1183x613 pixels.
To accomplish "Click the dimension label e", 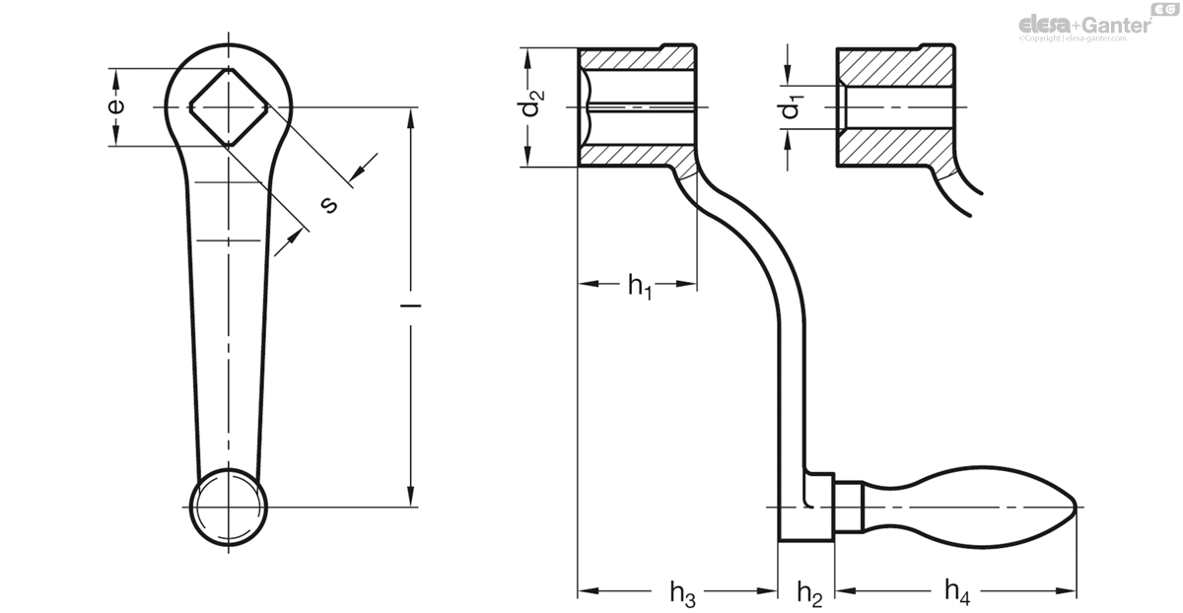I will tap(116, 106).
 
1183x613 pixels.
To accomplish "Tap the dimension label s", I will tap(329, 205).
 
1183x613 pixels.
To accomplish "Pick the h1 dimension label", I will tap(640, 286).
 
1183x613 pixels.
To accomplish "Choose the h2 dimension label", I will tap(809, 593).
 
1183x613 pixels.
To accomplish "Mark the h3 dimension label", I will tap(682, 593).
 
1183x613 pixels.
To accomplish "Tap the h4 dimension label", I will tap(957, 591).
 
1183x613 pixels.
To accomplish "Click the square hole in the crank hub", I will tap(229, 106).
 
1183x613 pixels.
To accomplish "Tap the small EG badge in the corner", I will tap(1166, 9).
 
